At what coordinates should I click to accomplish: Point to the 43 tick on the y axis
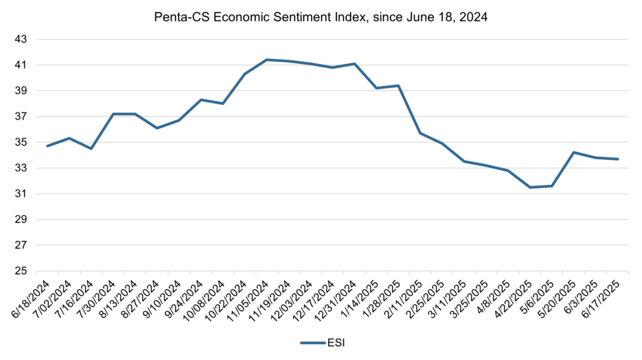(22, 40)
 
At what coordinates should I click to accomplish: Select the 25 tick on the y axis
(22, 272)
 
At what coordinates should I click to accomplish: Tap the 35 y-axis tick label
(22, 142)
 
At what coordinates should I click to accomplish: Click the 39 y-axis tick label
(22, 91)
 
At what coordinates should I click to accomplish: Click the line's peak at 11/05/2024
(266, 60)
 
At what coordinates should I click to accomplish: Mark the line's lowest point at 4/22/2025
(530, 187)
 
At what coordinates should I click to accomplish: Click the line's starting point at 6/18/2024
(48, 146)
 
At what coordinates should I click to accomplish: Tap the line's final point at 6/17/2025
(618, 159)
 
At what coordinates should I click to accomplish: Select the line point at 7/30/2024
(113, 114)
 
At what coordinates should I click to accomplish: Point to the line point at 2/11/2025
(420, 133)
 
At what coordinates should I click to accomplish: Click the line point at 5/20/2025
(574, 152)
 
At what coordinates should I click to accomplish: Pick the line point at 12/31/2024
(354, 63)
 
